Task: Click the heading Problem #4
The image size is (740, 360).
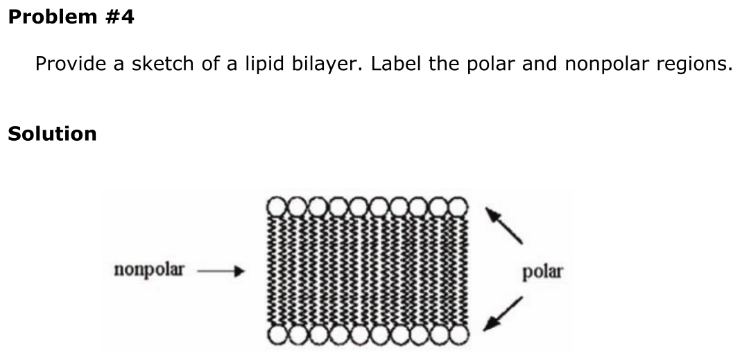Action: tap(71, 17)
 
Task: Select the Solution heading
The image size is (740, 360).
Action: tap(53, 133)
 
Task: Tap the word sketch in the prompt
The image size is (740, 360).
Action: tap(163, 63)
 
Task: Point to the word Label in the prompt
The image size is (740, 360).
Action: tap(397, 63)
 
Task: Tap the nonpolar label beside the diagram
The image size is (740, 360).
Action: tap(149, 270)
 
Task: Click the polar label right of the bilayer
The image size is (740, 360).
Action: tap(542, 272)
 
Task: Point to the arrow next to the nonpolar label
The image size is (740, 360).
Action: tap(221, 271)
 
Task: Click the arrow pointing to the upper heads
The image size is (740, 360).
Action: tap(504, 225)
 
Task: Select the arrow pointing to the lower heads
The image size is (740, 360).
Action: tap(503, 314)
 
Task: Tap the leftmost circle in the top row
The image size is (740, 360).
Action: tap(277, 207)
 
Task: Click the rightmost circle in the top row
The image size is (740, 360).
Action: tap(458, 207)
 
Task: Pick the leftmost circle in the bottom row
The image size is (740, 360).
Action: tap(277, 335)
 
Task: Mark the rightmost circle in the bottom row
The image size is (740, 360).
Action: tap(458, 335)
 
